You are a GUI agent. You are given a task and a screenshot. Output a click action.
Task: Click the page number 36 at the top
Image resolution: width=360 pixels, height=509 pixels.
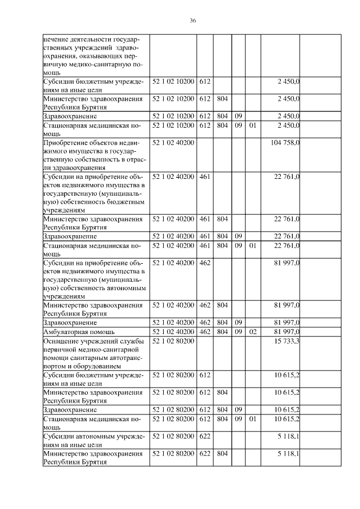(x=192, y=20)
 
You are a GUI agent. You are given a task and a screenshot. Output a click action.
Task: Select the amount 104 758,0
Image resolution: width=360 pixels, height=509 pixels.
(x=285, y=143)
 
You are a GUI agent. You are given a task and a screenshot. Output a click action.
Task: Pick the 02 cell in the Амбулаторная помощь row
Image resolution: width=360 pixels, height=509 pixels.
(x=253, y=332)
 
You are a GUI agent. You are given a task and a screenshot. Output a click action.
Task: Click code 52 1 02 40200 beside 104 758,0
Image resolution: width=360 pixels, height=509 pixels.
(x=173, y=143)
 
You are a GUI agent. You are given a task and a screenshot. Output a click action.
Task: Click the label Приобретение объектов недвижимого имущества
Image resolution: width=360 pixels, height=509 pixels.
(x=93, y=155)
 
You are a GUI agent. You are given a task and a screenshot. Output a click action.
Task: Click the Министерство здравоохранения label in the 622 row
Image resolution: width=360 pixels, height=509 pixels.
(x=93, y=457)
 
